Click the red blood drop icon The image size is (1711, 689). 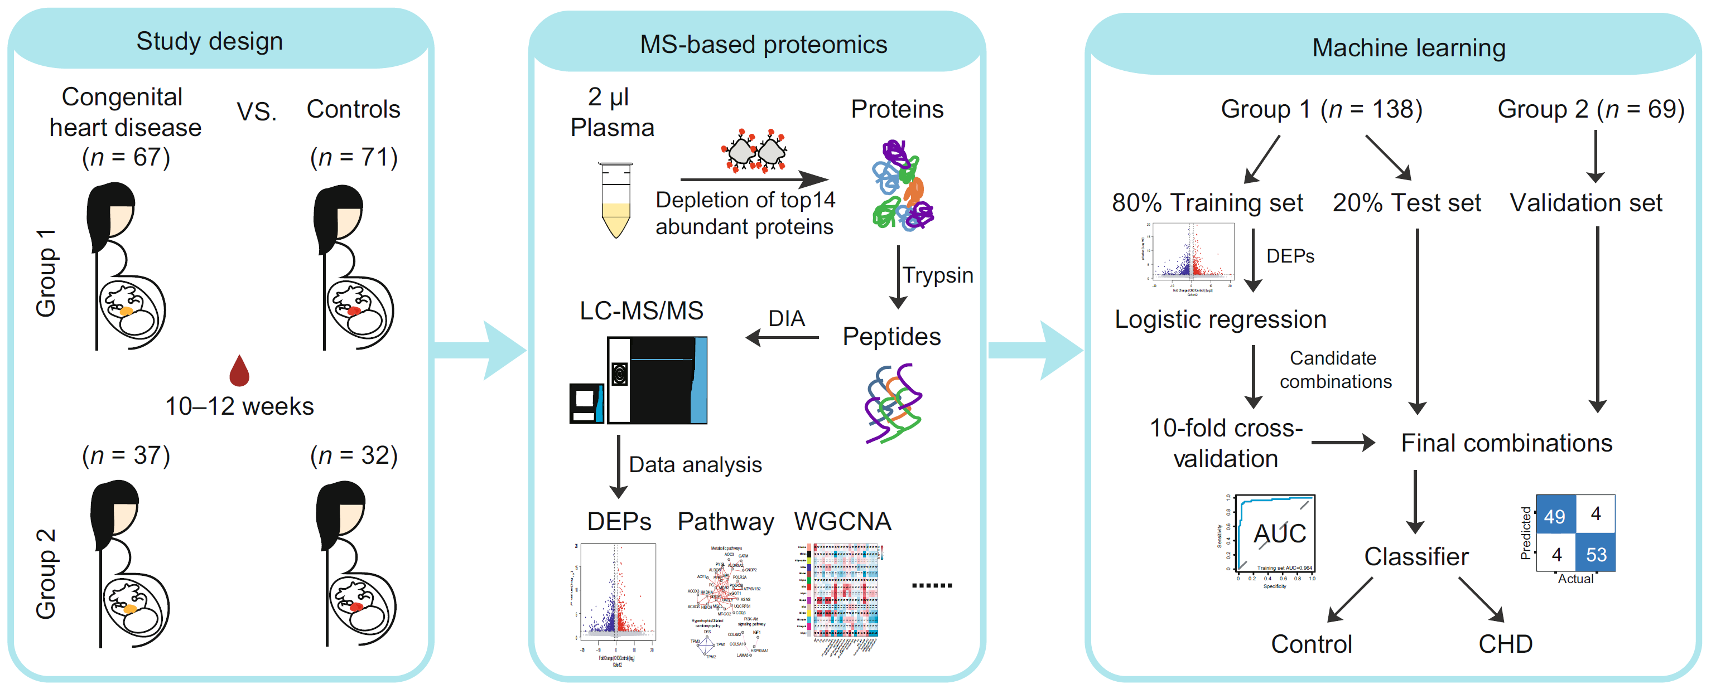point(239,372)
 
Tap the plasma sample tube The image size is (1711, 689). point(616,199)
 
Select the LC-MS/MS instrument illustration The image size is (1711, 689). point(639,380)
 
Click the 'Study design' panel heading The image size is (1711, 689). point(209,41)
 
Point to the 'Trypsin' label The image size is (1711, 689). point(937,275)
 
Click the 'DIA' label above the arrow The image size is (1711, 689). point(787,319)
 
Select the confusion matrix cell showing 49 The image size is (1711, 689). point(1554,515)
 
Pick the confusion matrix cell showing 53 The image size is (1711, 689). point(1596,554)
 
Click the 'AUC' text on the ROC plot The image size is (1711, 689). point(1279,533)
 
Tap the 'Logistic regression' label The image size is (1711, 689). point(1220,319)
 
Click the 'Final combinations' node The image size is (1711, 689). point(1506,443)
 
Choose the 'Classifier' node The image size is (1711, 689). point(1416,556)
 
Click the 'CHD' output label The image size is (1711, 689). point(1505,643)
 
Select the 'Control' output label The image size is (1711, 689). point(1311,643)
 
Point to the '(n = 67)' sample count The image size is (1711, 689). point(126,157)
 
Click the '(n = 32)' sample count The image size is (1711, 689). point(354,455)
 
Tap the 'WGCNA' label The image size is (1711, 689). point(842,521)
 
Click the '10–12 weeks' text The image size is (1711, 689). point(239,406)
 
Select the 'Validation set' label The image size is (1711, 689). point(1585,202)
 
